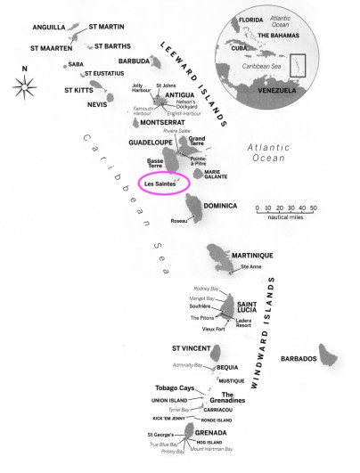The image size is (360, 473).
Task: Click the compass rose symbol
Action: pos(24,86)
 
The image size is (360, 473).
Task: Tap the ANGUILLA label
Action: pos(52,28)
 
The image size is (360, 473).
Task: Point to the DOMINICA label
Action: pos(220,206)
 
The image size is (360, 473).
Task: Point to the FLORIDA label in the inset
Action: pos(252,19)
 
